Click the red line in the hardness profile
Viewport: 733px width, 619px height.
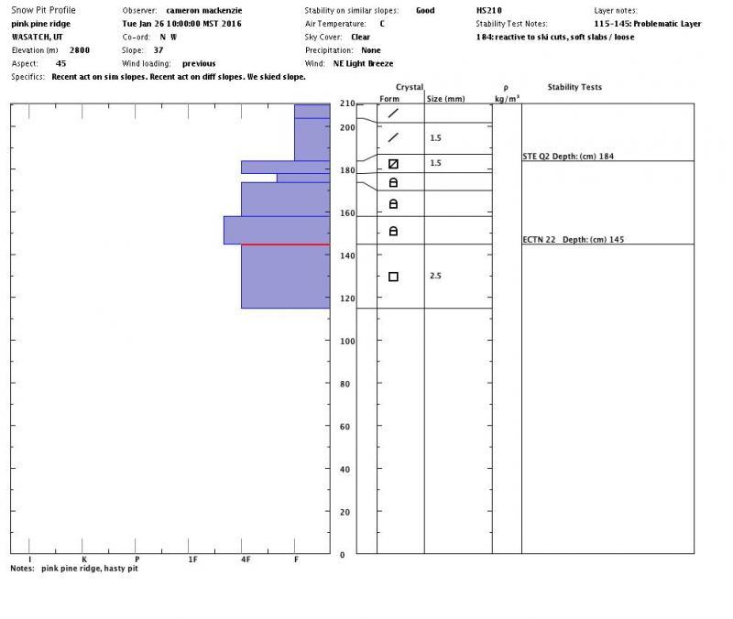point(284,244)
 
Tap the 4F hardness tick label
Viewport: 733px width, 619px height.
point(245,559)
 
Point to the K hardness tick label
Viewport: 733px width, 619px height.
point(83,559)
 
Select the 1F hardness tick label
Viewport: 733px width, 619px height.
point(191,559)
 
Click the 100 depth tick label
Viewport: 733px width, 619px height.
point(346,342)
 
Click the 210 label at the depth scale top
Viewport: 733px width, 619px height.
point(346,103)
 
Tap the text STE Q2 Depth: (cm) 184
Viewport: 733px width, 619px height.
point(568,157)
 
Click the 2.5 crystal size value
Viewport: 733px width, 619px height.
point(436,276)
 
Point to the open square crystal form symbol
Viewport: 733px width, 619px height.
point(393,277)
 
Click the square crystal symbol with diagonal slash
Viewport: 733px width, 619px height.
point(393,164)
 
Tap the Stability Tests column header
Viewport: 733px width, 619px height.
point(574,88)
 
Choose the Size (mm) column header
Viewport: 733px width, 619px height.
point(446,98)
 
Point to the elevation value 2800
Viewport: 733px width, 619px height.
point(80,49)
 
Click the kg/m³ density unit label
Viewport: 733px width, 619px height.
point(507,98)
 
